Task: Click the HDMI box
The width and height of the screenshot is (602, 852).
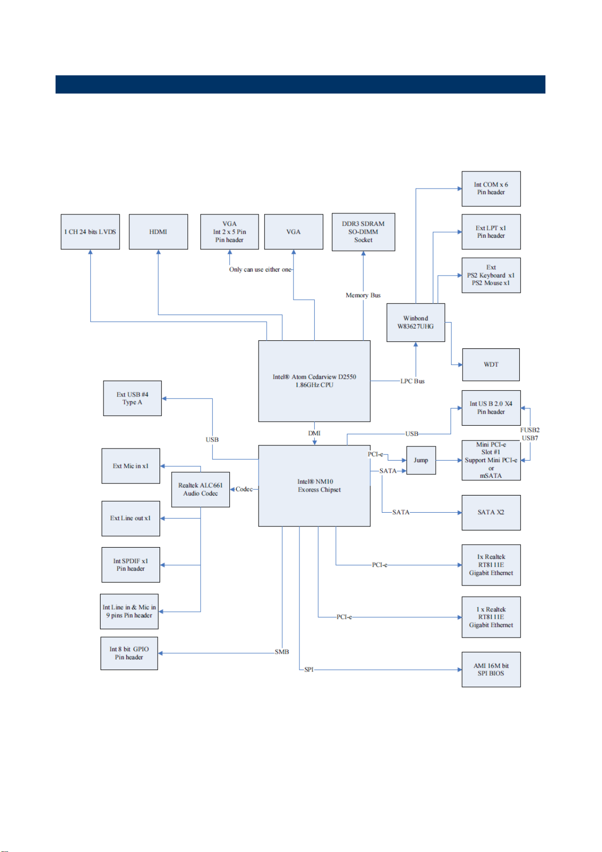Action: (x=159, y=232)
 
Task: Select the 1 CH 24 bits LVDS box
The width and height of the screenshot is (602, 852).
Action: (x=90, y=232)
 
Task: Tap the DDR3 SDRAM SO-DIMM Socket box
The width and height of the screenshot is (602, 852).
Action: (x=364, y=232)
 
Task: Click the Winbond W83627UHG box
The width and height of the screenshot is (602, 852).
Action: (x=416, y=322)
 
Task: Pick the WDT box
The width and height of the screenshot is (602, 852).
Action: (x=491, y=365)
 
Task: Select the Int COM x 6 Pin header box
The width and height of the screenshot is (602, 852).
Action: (x=491, y=189)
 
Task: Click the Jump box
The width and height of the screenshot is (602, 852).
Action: (x=421, y=460)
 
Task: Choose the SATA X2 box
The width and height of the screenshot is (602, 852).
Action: (x=491, y=512)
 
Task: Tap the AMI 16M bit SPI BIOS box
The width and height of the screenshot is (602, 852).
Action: (x=491, y=669)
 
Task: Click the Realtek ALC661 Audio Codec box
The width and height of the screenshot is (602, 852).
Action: (x=200, y=489)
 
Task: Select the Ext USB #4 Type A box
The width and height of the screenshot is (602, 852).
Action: (x=132, y=398)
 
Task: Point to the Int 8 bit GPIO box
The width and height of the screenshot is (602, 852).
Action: (x=129, y=653)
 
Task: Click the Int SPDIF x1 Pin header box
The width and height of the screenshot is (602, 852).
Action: (x=131, y=565)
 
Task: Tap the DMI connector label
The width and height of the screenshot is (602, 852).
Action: (x=315, y=433)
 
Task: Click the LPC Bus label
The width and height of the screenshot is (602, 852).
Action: (x=413, y=381)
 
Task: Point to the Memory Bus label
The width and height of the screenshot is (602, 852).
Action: (x=363, y=295)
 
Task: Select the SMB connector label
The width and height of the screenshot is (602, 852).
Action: (x=282, y=652)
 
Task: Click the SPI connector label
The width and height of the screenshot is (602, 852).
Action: (x=309, y=669)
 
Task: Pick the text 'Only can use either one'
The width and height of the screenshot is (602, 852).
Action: (x=260, y=270)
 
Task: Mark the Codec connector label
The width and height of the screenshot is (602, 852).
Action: (x=244, y=489)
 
